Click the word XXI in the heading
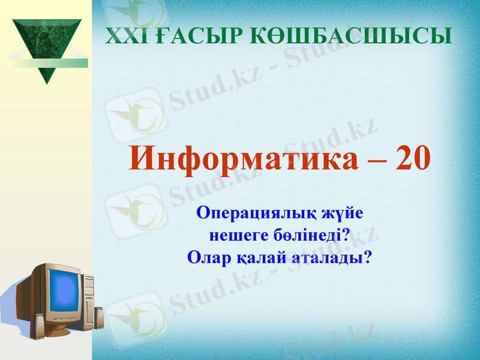(122, 35)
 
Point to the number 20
(413, 159)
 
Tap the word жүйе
(341, 214)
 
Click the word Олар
(208, 258)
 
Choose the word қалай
(258, 258)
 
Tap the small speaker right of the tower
(99, 318)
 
